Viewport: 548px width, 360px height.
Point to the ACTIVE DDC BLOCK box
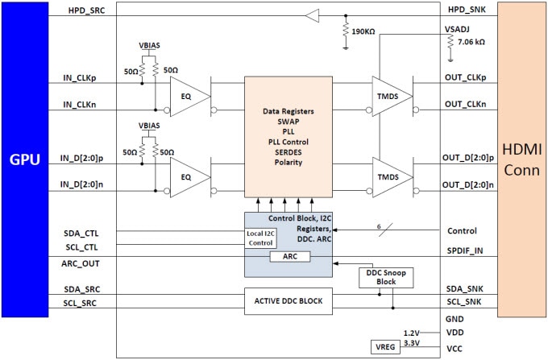click(x=289, y=301)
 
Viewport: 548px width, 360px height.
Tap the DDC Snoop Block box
click(x=376, y=277)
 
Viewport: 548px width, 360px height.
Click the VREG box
click(x=380, y=347)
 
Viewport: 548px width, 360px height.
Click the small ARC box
click(x=289, y=257)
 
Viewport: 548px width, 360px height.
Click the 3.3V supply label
click(x=413, y=342)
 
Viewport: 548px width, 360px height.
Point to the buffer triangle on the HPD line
click(x=312, y=14)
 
